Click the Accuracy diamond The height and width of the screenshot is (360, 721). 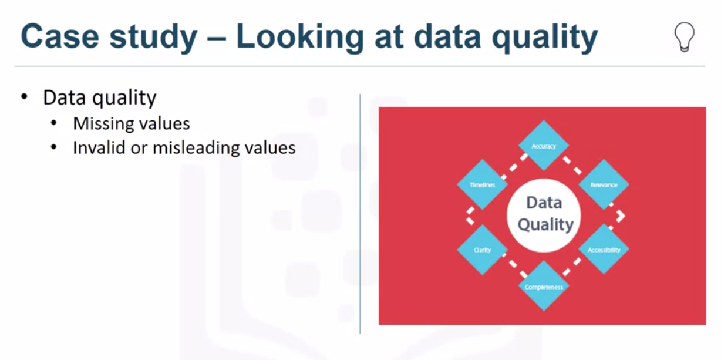543,146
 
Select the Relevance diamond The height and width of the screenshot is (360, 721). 604,184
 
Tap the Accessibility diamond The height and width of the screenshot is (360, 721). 604,249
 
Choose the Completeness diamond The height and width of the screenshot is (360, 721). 543,287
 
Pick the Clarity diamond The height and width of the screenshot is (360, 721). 482,250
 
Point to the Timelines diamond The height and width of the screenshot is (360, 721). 482,184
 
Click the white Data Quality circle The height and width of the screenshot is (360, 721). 544,214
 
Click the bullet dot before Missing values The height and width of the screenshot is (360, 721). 54,123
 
